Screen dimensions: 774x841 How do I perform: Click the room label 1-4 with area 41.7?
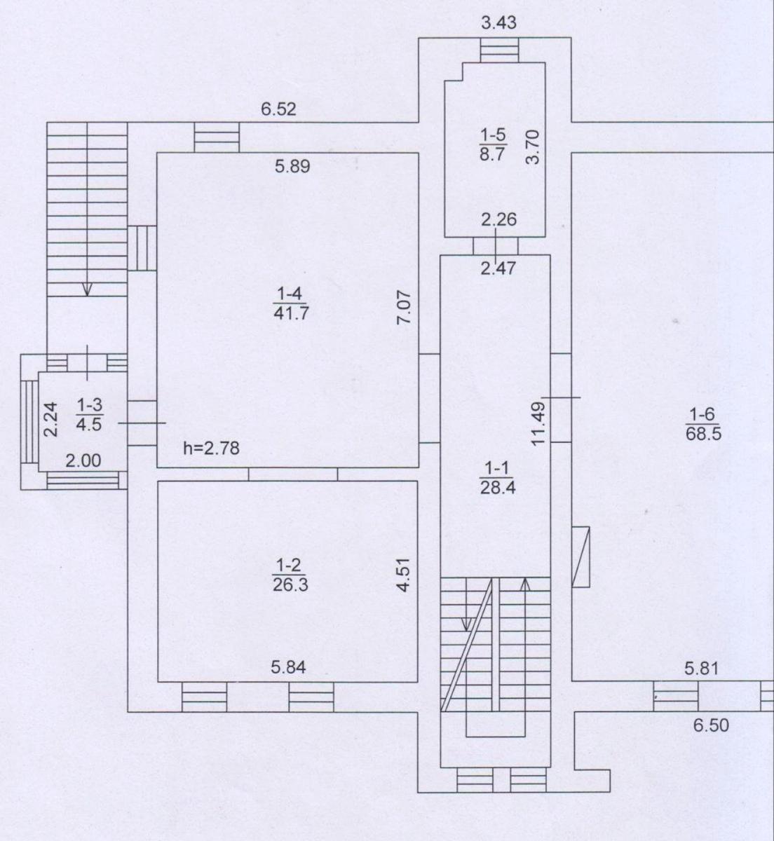pyautogui.click(x=290, y=304)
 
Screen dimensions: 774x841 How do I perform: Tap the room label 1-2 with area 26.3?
pyautogui.click(x=290, y=575)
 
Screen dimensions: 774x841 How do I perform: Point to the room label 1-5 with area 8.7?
pyautogui.click(x=494, y=144)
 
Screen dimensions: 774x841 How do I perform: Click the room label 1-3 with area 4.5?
pyautogui.click(x=89, y=415)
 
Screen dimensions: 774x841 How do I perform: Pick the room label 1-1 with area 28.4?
pyautogui.click(x=496, y=479)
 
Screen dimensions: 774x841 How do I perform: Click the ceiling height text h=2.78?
pyautogui.click(x=212, y=448)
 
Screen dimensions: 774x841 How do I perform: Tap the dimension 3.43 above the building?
pyautogui.click(x=498, y=22)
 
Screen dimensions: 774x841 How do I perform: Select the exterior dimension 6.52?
pyautogui.click(x=278, y=109)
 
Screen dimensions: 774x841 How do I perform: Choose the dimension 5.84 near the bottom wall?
pyautogui.click(x=288, y=667)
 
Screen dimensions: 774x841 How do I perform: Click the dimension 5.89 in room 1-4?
pyautogui.click(x=292, y=166)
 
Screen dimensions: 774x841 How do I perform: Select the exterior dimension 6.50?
pyautogui.click(x=711, y=725)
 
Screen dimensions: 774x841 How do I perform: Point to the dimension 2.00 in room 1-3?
pyautogui.click(x=83, y=461)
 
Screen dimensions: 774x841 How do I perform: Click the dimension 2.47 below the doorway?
pyautogui.click(x=498, y=268)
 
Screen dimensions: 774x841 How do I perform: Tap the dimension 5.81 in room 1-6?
pyautogui.click(x=702, y=669)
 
